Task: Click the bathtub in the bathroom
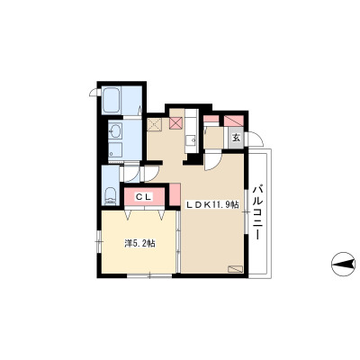pyautogui.click(x=111, y=101)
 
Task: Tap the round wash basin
pyautogui.click(x=115, y=130)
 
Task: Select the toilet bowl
pyautogui.click(x=111, y=195)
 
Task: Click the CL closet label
pyautogui.click(x=144, y=197)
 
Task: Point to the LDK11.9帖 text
pyautogui.click(x=212, y=205)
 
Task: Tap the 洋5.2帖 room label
pyautogui.click(x=139, y=243)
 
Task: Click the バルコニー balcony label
pyautogui.click(x=256, y=212)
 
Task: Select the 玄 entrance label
pyautogui.click(x=237, y=138)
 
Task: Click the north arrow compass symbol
pyautogui.click(x=343, y=264)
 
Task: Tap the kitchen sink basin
pyautogui.click(x=190, y=140)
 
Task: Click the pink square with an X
pyautogui.click(x=175, y=123)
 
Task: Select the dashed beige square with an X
pyautogui.click(x=155, y=124)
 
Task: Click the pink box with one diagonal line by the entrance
pyautogui.click(x=234, y=121)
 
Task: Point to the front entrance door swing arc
pyautogui.click(x=256, y=139)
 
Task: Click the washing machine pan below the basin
pyautogui.click(x=115, y=150)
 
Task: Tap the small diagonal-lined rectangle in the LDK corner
pyautogui.click(x=235, y=269)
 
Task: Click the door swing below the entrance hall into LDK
pyautogui.click(x=212, y=162)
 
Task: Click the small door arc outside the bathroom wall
pyautogui.click(x=94, y=93)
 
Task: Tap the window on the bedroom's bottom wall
pyautogui.click(x=149, y=275)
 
